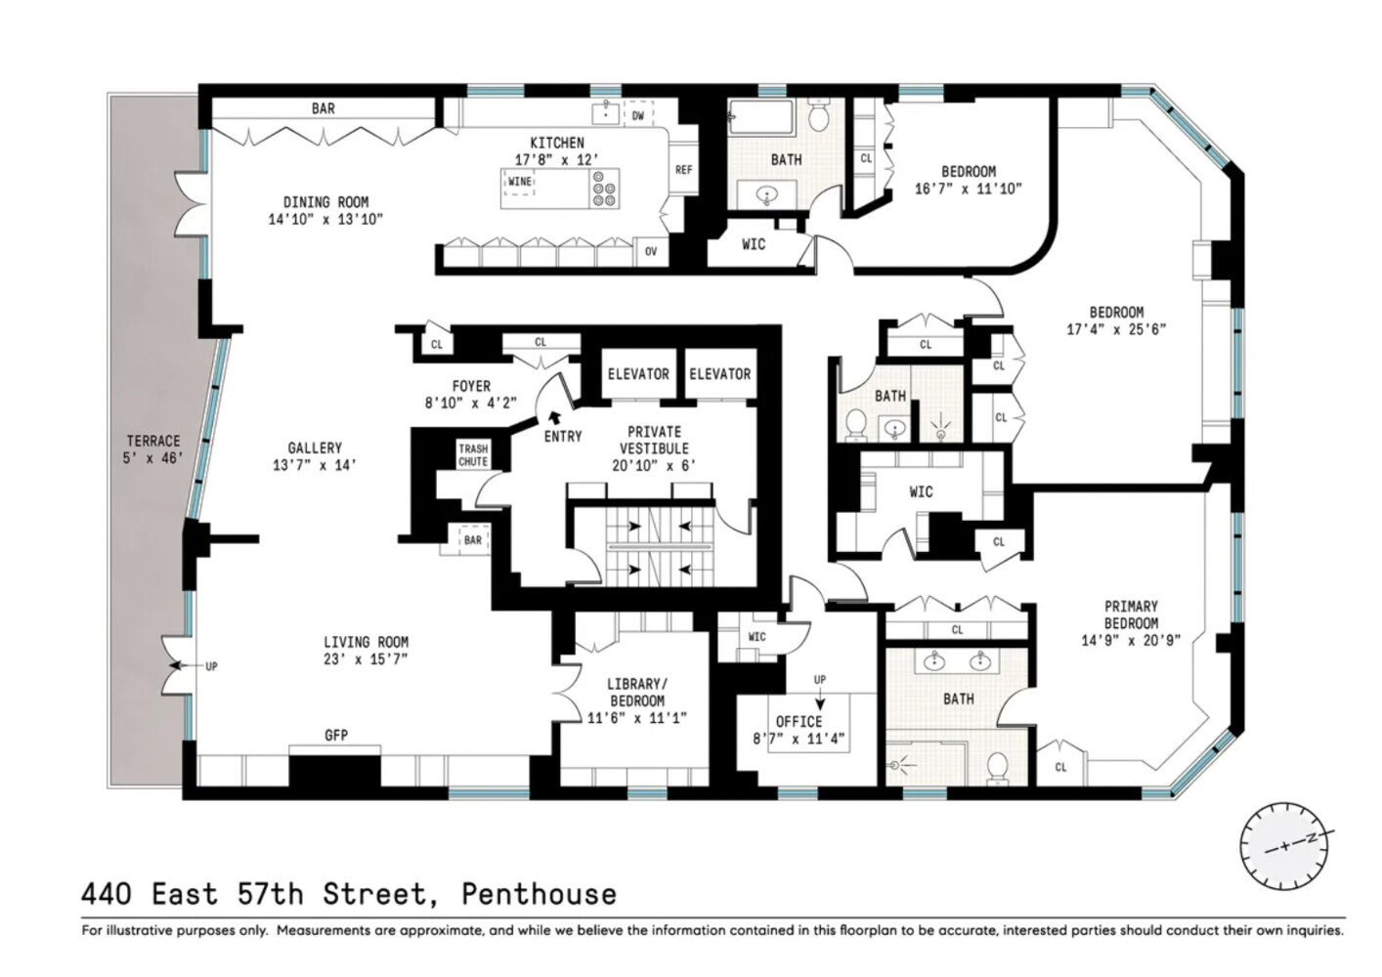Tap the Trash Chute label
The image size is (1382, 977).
[x=473, y=455]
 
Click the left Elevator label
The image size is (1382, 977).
[x=638, y=374]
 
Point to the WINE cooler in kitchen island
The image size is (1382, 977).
[x=519, y=182]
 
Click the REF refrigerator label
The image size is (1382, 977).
[x=683, y=170]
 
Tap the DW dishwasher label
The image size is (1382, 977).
[x=638, y=115]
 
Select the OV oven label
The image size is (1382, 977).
[x=651, y=252]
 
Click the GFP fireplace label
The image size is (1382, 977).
[x=335, y=736]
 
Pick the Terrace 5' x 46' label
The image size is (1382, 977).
[x=153, y=449]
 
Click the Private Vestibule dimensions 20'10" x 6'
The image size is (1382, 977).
[x=654, y=466]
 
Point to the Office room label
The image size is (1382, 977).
[x=799, y=722]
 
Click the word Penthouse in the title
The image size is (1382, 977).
[x=539, y=894]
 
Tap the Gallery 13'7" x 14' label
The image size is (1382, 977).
[x=315, y=456]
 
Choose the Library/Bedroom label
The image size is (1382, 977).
[x=637, y=693]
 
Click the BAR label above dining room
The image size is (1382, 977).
[x=323, y=108]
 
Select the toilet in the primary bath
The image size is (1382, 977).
[x=997, y=767]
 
